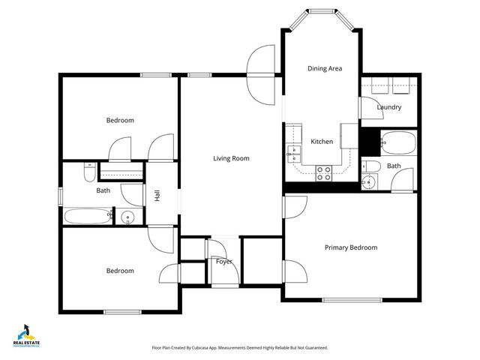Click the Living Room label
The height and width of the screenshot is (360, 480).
[231, 158]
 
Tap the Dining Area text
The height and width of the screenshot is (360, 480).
[325, 68]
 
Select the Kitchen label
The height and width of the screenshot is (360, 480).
[322, 142]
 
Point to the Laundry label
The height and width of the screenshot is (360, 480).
[389, 107]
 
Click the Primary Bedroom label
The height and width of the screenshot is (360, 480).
[350, 247]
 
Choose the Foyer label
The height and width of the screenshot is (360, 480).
[223, 262]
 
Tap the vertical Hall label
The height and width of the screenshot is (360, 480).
[157, 195]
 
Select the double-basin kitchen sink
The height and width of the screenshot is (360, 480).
[293, 154]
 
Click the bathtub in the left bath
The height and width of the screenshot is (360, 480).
[88, 217]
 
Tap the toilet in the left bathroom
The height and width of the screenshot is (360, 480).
[88, 173]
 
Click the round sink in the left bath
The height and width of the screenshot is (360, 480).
[127, 218]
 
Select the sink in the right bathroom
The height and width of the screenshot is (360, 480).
[367, 181]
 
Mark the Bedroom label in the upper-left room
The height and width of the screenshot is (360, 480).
[120, 120]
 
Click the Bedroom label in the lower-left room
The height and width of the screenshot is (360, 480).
[120, 271]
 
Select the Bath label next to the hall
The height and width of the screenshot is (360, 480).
[103, 190]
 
